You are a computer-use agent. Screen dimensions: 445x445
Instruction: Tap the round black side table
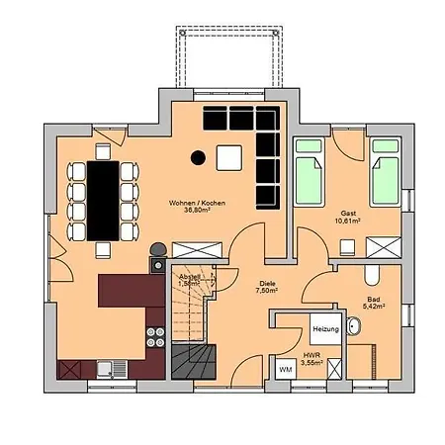198,156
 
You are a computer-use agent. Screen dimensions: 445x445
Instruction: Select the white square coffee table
229,156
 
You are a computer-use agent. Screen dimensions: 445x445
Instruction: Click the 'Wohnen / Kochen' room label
197,203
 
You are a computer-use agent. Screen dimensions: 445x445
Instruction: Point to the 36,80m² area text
197,212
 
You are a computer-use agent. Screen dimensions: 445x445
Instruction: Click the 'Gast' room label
348,214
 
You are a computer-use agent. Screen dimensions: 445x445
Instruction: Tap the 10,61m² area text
348,222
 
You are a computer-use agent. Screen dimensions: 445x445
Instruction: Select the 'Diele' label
267,282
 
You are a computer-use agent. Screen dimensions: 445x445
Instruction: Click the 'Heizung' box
325,327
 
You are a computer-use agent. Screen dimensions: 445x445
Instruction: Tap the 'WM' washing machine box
285,369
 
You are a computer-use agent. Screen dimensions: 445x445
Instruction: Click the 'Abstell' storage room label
189,276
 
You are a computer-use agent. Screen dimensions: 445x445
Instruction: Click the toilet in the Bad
371,274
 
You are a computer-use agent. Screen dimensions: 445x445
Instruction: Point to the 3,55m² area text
312,363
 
